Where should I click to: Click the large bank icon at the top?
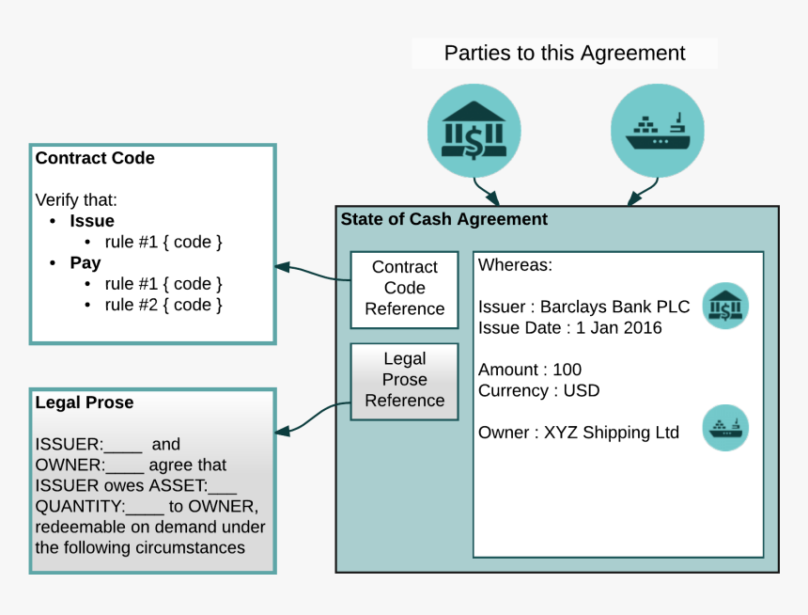point(474,132)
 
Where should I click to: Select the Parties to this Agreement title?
point(565,54)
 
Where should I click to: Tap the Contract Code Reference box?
point(405,289)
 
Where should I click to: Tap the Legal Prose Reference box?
point(405,380)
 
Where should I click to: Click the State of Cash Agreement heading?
point(443,220)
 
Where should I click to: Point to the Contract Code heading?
point(95,159)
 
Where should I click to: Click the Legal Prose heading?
point(85,402)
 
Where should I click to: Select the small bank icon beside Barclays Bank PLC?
point(725,306)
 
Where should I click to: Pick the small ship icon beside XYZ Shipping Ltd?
point(725,428)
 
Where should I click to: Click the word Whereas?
point(515,265)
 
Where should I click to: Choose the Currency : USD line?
point(538,390)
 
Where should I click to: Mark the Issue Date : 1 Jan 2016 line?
point(569,328)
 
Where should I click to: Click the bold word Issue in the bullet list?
point(92,222)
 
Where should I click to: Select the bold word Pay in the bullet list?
point(85,263)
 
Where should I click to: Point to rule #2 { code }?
point(163,305)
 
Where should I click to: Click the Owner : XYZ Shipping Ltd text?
point(578,433)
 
